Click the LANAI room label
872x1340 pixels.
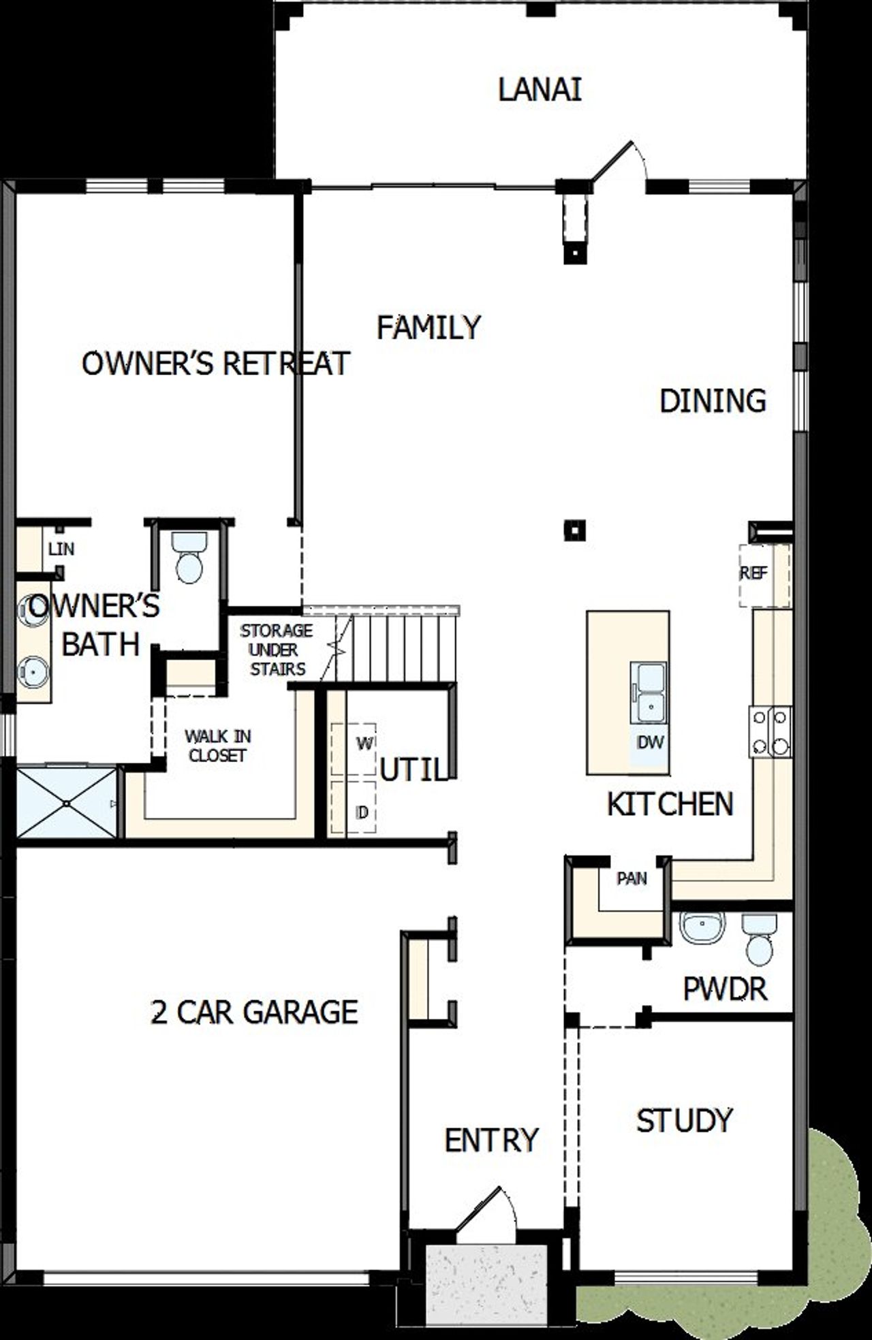[x=540, y=91]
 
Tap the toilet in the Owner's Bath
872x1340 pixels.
[x=189, y=558]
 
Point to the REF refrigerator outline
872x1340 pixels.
[x=764, y=574]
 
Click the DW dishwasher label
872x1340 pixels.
[x=650, y=742]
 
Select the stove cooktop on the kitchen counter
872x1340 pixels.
[x=770, y=732]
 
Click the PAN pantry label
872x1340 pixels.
[x=632, y=879]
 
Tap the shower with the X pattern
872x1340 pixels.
[x=66, y=804]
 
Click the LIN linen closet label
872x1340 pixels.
[x=61, y=549]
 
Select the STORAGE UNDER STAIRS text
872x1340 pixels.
[x=277, y=650]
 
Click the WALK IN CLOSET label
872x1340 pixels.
[x=218, y=746]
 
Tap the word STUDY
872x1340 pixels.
[x=684, y=1121]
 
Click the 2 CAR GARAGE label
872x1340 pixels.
[x=254, y=1012]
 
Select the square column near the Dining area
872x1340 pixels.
[x=575, y=530]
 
